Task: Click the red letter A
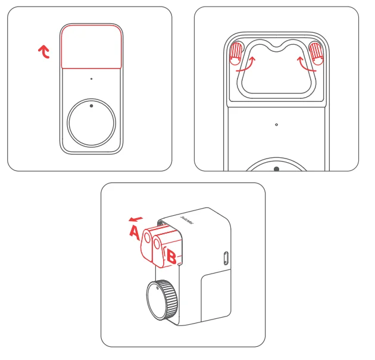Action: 135,231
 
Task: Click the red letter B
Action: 171,257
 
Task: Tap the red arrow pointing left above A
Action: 136,218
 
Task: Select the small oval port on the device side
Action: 224,257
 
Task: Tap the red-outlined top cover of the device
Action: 91,46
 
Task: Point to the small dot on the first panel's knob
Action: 91,106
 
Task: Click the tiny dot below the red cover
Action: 91,79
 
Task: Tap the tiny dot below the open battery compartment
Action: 276,125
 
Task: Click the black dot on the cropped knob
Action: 276,169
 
